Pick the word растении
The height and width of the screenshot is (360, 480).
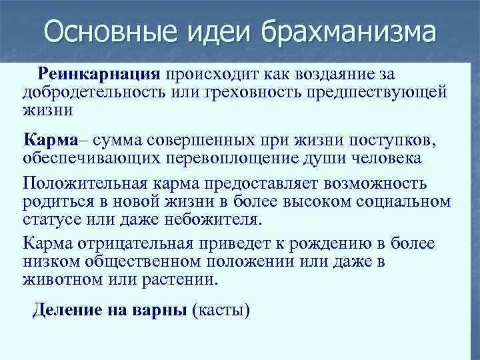click(179, 279)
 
